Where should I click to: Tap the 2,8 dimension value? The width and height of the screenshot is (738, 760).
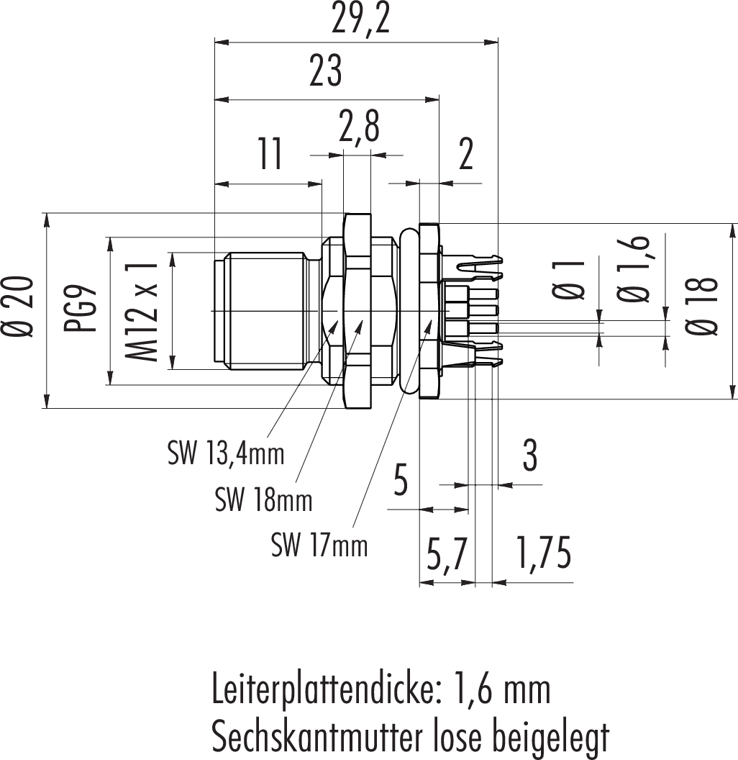tap(359, 128)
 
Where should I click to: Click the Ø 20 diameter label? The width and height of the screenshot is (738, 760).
tap(19, 307)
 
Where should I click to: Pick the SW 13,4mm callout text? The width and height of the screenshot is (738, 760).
tap(226, 453)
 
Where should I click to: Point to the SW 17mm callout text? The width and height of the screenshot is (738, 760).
tap(319, 545)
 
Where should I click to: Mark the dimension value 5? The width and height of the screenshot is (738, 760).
tap(401, 480)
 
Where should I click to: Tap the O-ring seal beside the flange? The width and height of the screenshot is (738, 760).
tap(407, 311)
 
